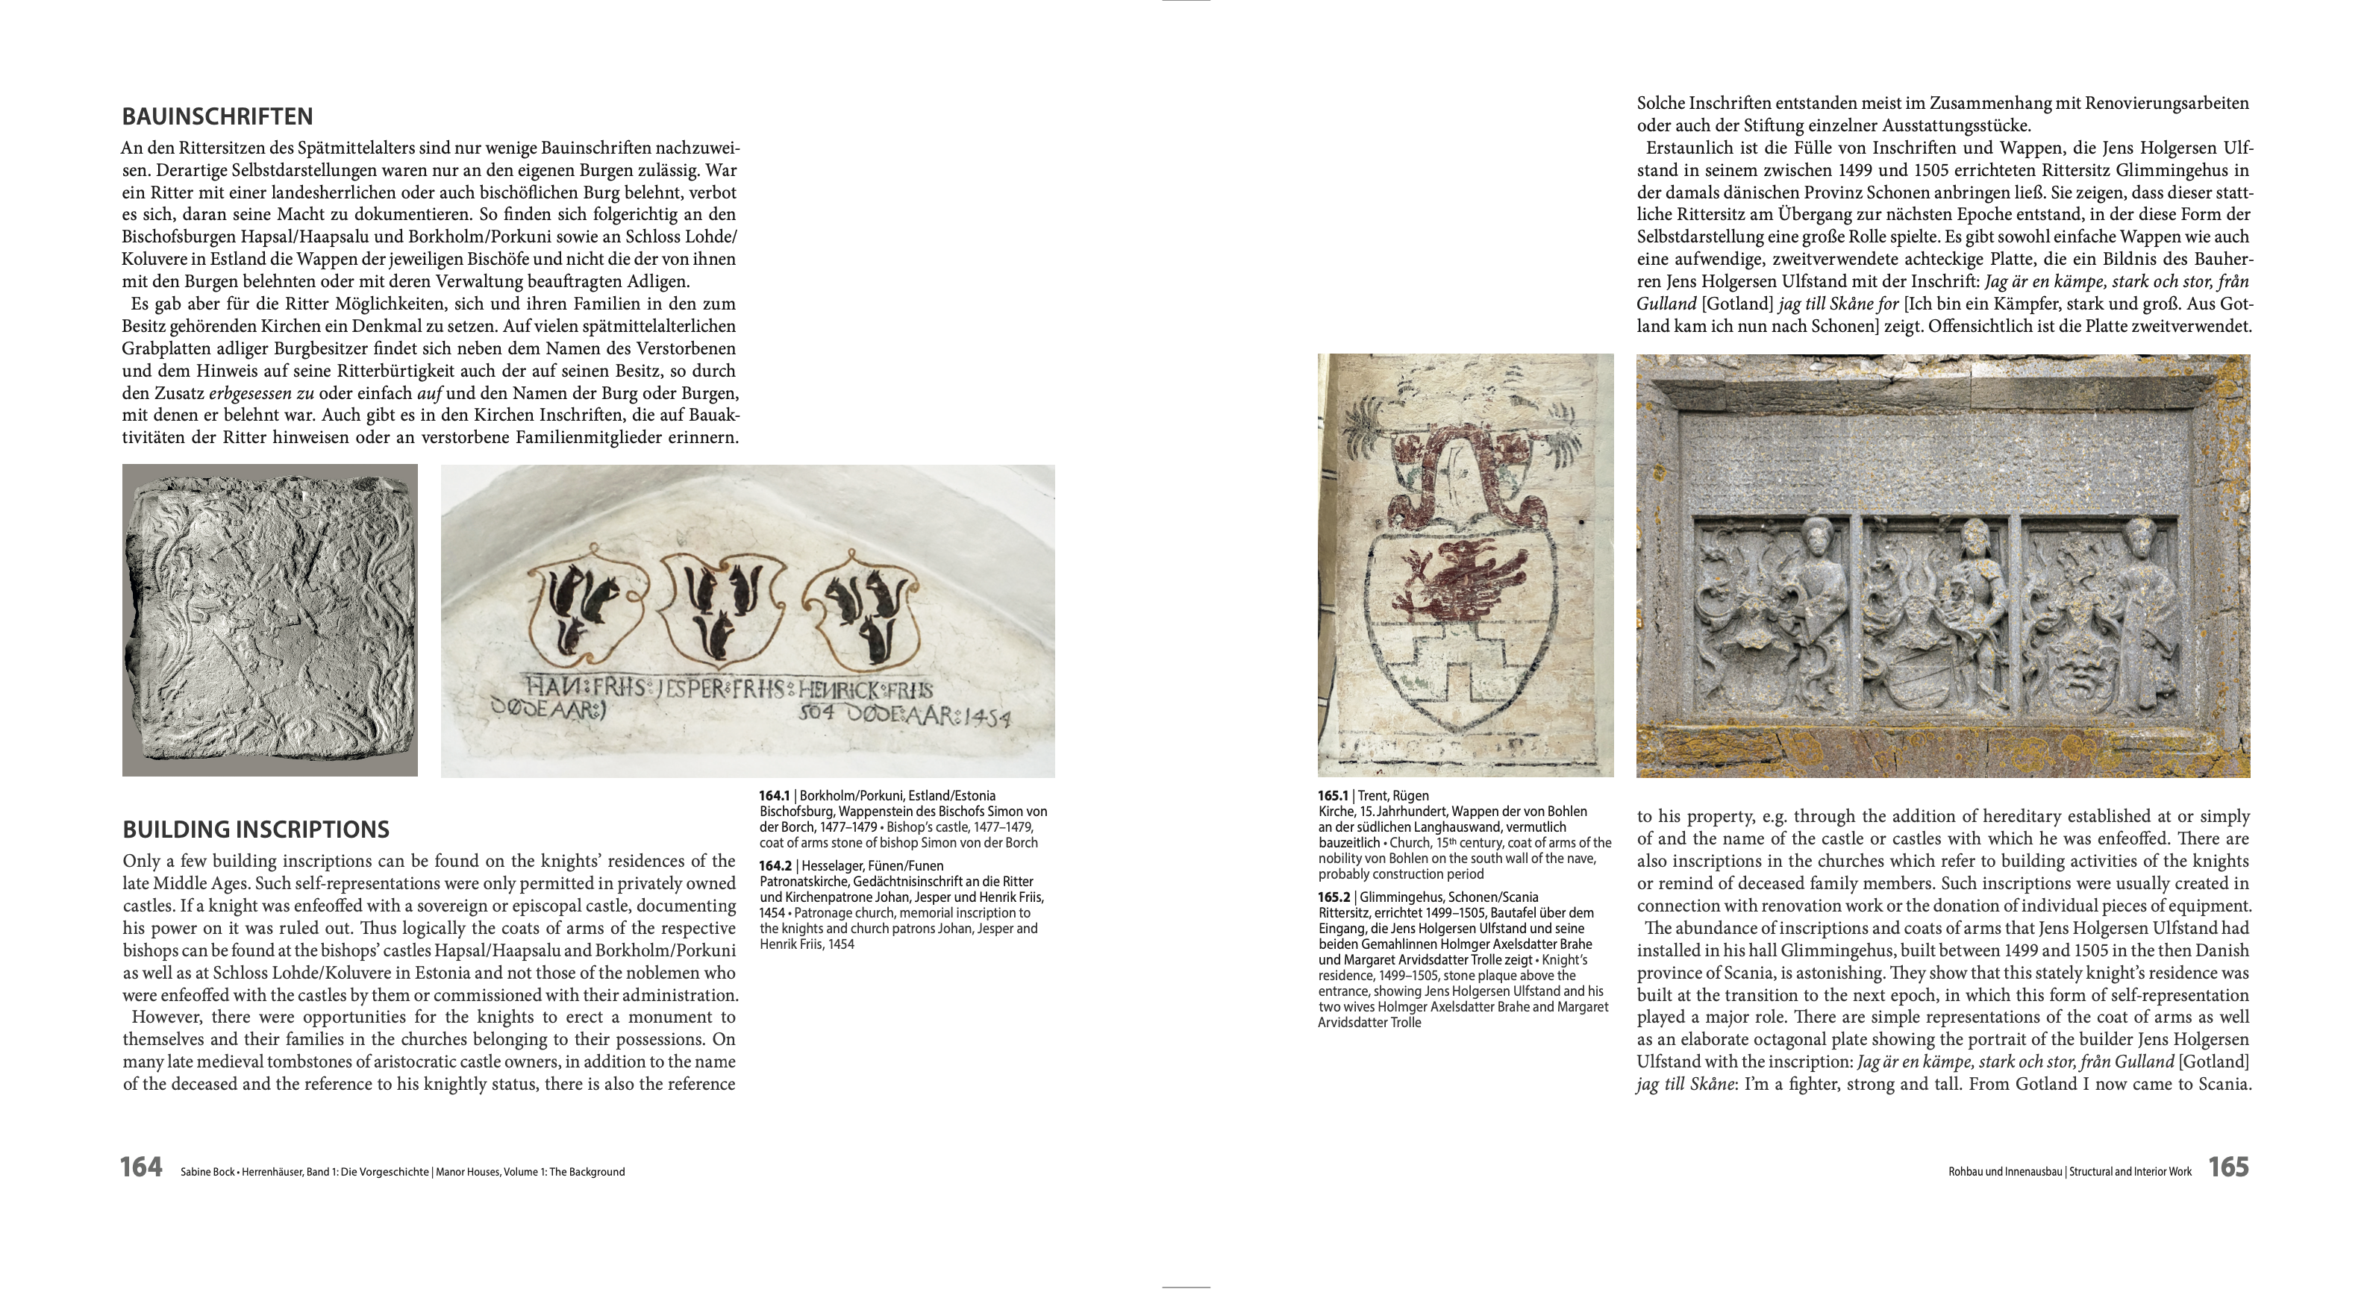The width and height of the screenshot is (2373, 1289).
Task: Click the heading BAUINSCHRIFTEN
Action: point(217,117)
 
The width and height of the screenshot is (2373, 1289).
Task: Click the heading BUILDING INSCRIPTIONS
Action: point(256,829)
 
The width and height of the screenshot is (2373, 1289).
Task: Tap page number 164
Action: point(141,1167)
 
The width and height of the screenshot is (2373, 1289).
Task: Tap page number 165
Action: point(2228,1167)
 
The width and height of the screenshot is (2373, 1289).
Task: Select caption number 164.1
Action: point(775,795)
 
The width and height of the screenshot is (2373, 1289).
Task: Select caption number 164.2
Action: point(775,865)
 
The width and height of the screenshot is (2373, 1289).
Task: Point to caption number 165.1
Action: point(1333,795)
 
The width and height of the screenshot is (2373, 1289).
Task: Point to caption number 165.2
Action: point(1333,897)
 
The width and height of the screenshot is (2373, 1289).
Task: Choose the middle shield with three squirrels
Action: point(723,608)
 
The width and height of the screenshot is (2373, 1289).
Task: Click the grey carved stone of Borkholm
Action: point(270,620)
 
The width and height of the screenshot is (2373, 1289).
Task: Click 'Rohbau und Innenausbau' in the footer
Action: point(2004,1172)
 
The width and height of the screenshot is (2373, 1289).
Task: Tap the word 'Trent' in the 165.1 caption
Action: point(1372,795)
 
